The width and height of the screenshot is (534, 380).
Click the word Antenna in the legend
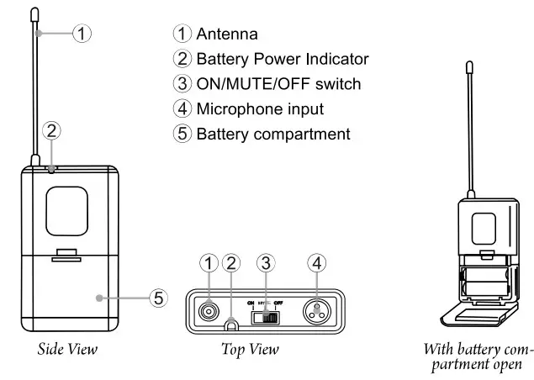(227, 34)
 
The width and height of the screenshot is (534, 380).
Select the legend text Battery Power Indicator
(282, 59)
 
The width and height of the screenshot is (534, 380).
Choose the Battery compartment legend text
(272, 134)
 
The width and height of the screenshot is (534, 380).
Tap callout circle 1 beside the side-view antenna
(82, 34)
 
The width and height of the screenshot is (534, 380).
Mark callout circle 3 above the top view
(266, 262)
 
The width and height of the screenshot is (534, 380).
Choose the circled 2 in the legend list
(182, 59)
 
